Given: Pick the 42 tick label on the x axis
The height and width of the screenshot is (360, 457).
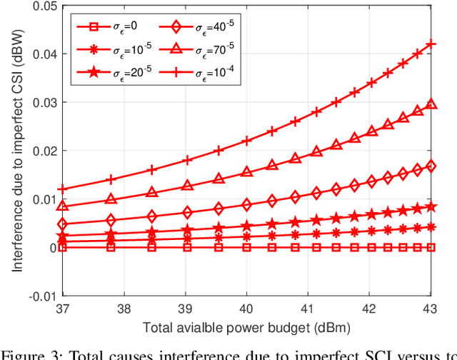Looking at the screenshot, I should pos(369,309).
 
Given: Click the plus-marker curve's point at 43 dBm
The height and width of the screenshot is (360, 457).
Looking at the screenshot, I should pos(431,44).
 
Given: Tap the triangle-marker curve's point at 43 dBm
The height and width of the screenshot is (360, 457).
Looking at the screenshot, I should pos(431,104).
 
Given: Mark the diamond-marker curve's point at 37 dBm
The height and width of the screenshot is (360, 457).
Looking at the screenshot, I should pos(63,224).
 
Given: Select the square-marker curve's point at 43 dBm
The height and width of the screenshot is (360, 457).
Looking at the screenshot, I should pos(431,247).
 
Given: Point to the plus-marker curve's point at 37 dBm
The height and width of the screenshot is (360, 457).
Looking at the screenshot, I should pos(63,189).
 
